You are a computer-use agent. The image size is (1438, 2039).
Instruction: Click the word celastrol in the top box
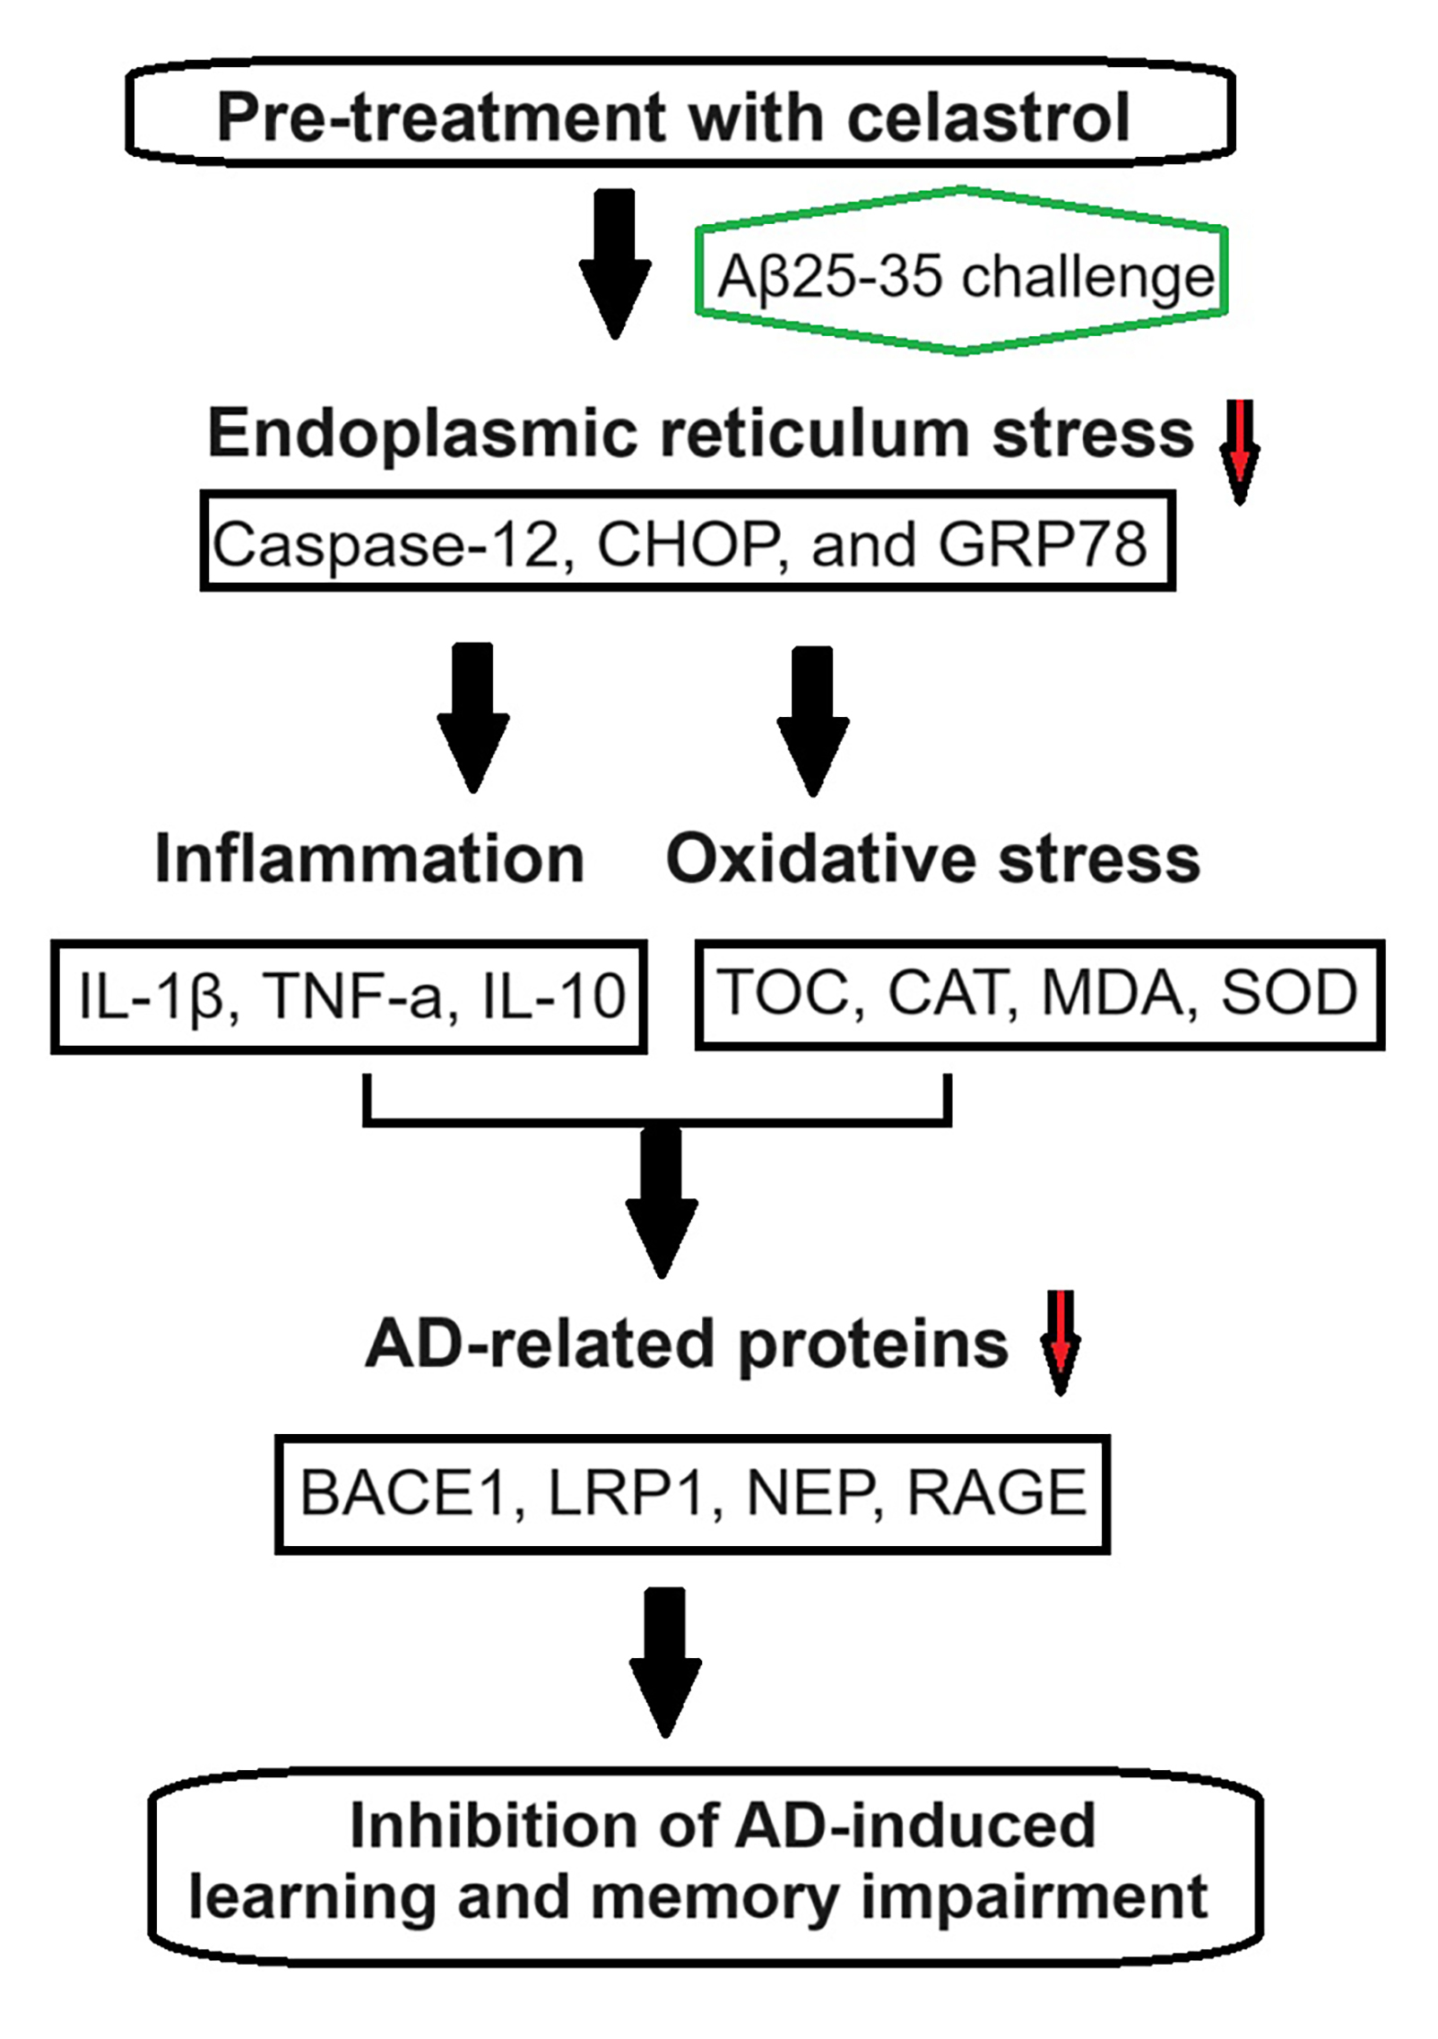[988, 117]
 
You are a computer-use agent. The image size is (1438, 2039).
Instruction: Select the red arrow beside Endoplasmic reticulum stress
[1240, 452]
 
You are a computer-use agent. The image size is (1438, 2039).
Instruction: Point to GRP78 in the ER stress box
[1043, 544]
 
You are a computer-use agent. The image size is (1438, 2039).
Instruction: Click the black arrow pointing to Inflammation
[473, 717]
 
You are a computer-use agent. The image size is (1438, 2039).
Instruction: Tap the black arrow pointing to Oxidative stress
[813, 721]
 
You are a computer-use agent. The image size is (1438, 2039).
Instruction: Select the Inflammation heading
[369, 858]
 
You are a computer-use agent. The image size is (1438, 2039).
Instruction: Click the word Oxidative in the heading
[820, 858]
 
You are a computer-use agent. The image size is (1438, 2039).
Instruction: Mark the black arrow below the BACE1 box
[665, 1662]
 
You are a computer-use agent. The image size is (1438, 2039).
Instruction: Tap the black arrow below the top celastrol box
[615, 264]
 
